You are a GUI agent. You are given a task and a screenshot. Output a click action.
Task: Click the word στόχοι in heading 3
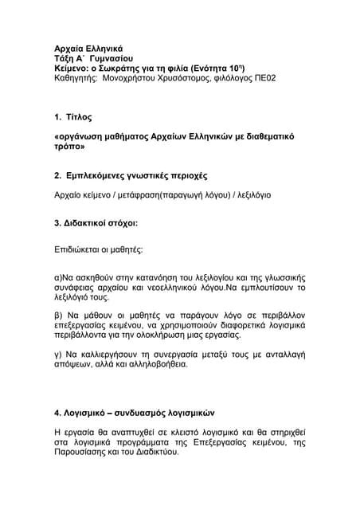(x=121, y=223)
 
